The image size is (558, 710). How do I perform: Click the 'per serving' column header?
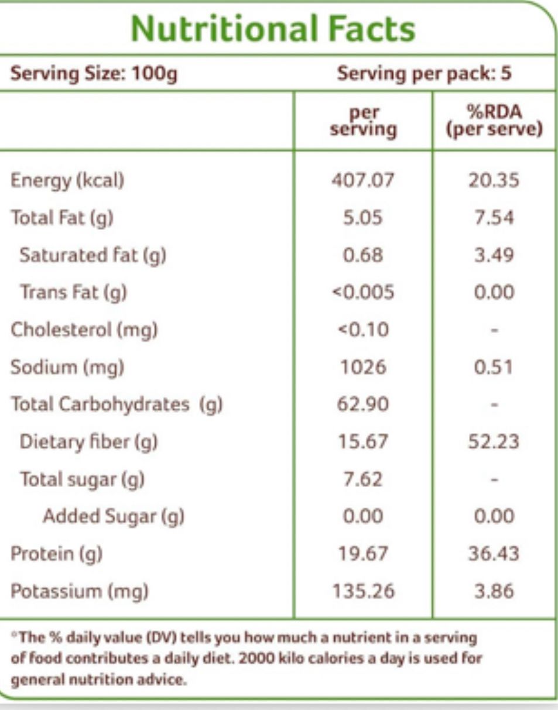(x=362, y=122)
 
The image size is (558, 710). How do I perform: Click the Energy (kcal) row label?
(x=68, y=181)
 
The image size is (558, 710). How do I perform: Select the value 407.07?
(x=362, y=181)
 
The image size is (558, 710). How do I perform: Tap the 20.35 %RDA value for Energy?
(x=492, y=181)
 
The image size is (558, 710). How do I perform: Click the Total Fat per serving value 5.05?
(x=362, y=218)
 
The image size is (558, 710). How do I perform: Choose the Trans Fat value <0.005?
(x=362, y=293)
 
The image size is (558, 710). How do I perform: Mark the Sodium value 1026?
(x=362, y=367)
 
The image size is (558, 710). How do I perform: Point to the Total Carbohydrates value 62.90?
(x=362, y=404)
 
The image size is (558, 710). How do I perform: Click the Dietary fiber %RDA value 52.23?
(x=492, y=441)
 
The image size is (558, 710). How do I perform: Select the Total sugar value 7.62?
(x=362, y=479)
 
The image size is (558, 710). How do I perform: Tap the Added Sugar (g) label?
(x=114, y=516)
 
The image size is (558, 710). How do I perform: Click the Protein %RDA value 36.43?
(x=492, y=553)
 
